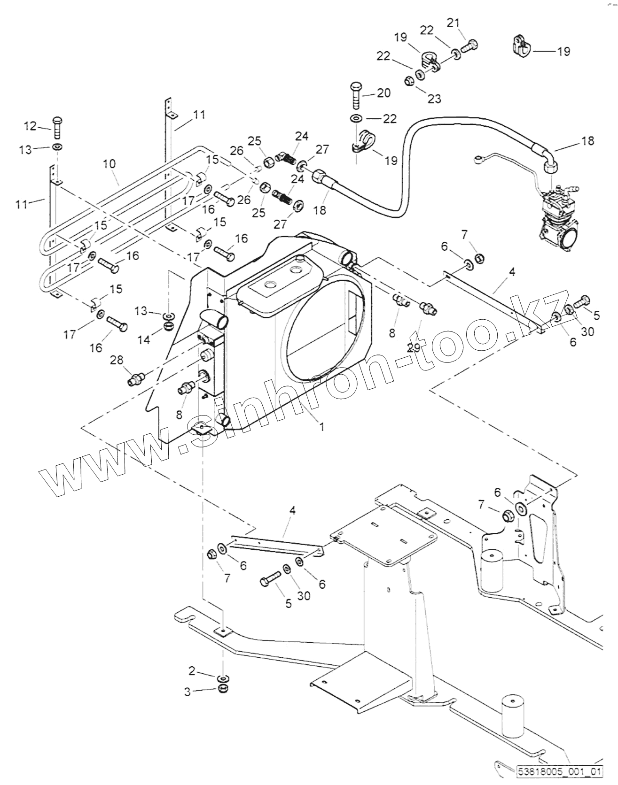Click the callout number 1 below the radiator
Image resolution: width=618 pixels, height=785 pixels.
(x=321, y=427)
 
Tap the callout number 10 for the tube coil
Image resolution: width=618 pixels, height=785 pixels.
(x=110, y=164)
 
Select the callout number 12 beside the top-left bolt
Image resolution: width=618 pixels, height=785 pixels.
(x=30, y=126)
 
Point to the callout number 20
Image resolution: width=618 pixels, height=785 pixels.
(x=383, y=93)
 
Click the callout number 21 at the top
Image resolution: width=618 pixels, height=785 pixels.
(x=454, y=22)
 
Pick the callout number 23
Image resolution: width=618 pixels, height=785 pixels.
(x=434, y=99)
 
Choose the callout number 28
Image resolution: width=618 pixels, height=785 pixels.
(x=117, y=360)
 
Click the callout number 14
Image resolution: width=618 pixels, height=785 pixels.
(x=144, y=339)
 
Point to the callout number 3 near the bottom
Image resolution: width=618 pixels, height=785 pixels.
(x=188, y=692)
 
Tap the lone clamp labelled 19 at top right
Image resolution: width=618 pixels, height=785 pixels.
(x=520, y=46)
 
